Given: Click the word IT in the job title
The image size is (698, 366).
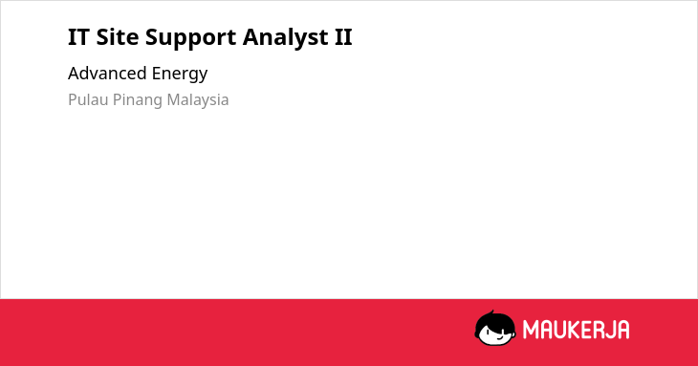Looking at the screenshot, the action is pos(78,37).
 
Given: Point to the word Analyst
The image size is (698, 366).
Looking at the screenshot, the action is pos(285,38).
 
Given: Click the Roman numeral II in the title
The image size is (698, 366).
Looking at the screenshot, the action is pos(343,37).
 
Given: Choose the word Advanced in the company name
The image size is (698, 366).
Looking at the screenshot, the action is pos(107,73).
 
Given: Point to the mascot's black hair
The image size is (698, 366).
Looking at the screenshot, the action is pos(494,321).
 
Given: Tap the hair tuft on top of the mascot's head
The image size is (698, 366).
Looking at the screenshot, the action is pos(491,312).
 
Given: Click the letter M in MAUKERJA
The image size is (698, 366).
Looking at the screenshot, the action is pos(531,330).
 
